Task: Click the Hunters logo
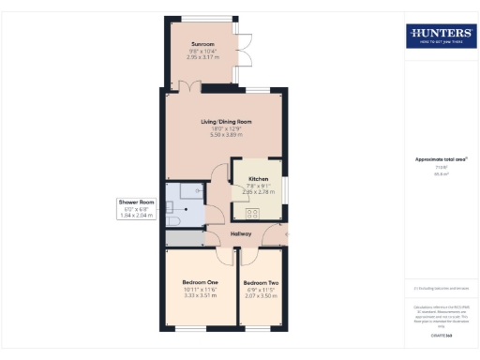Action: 441,36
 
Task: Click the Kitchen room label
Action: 258,178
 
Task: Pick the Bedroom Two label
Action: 260,283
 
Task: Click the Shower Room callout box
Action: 136,208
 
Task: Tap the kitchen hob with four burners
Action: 240,209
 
